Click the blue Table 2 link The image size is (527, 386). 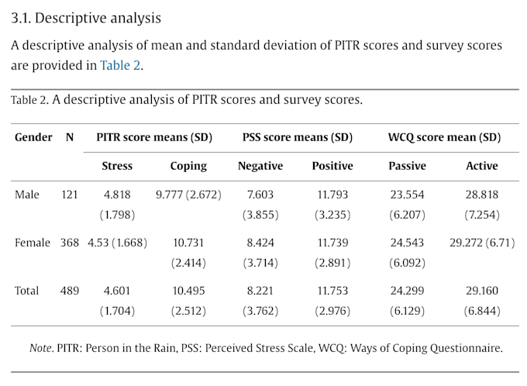point(120,65)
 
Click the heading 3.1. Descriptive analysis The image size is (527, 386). point(86,18)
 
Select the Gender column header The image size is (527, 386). point(33,137)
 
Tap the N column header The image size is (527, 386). point(70,137)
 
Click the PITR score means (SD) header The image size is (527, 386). point(154,137)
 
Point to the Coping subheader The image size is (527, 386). point(188,166)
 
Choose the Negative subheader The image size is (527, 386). point(260,166)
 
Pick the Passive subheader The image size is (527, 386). point(407,166)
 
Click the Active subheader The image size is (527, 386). point(481,166)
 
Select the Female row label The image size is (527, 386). point(33,243)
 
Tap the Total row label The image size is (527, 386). point(26,291)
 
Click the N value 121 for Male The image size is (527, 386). point(70,195)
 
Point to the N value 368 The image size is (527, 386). point(70,243)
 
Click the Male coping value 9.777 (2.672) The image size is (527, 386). point(188,195)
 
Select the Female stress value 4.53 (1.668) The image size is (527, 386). point(117,243)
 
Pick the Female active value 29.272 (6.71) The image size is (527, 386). point(482,243)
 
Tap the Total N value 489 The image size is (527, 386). point(70,291)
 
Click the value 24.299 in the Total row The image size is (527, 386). point(407,291)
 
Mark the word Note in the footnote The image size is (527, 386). point(40,348)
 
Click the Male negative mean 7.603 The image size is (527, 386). point(260,195)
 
